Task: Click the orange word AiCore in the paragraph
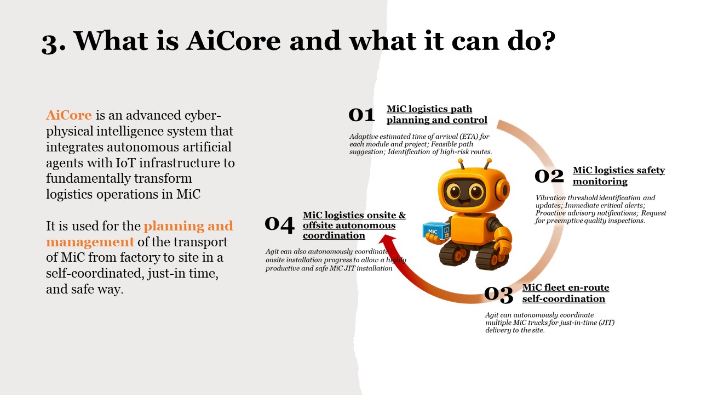(x=69, y=115)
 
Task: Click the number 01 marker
(x=361, y=115)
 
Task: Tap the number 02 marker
(x=549, y=176)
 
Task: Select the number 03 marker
(x=499, y=295)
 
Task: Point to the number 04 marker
(x=279, y=224)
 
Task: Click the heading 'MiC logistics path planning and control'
(x=437, y=115)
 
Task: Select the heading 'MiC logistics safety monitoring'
(x=619, y=176)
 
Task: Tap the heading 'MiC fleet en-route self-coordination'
(x=566, y=293)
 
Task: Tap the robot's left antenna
(x=461, y=164)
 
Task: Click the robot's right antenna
(x=487, y=164)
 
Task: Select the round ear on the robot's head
(x=503, y=190)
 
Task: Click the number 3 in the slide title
(x=49, y=44)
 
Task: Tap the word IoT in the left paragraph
(x=125, y=163)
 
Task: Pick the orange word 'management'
(x=90, y=242)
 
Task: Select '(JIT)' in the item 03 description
(x=606, y=323)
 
